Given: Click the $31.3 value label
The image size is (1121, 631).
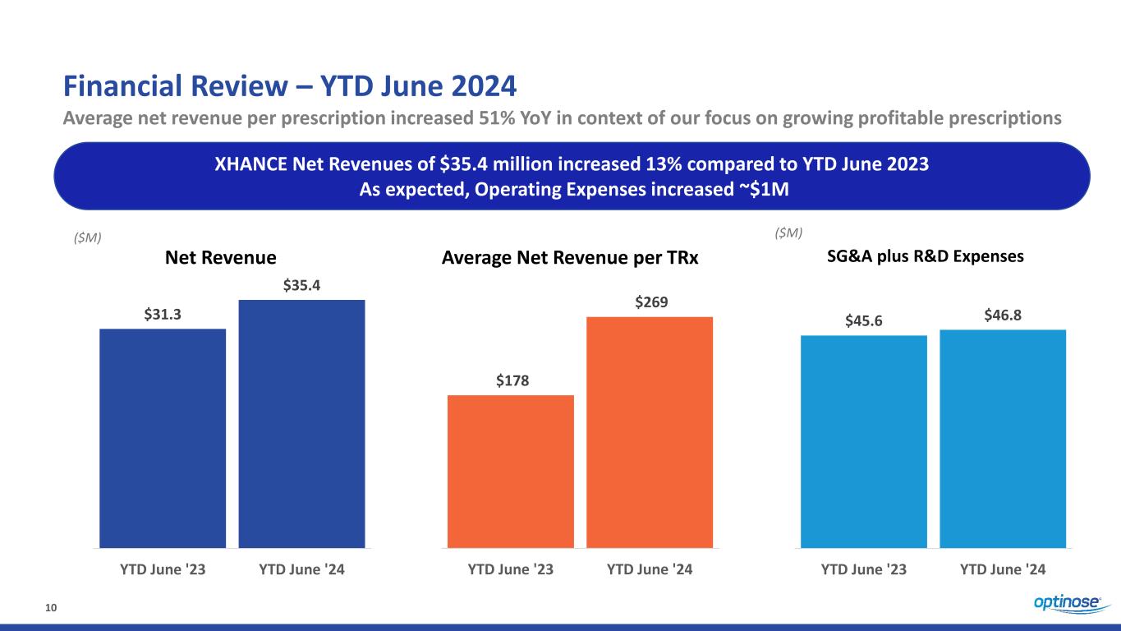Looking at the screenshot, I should [163, 315].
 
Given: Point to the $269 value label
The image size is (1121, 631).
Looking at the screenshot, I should [650, 303].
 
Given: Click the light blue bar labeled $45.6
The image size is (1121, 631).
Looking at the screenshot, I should [864, 441].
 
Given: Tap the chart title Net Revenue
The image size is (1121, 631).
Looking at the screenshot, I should [221, 258].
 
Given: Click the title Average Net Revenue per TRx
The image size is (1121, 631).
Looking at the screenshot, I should [570, 258].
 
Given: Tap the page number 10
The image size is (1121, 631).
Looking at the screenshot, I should [50, 607].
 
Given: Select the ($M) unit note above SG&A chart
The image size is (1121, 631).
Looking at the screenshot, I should [788, 233].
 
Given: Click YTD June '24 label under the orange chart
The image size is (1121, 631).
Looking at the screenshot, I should [650, 568].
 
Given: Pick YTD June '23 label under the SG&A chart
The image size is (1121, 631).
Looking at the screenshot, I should [864, 568].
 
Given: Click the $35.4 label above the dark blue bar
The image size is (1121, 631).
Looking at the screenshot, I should [301, 286].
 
